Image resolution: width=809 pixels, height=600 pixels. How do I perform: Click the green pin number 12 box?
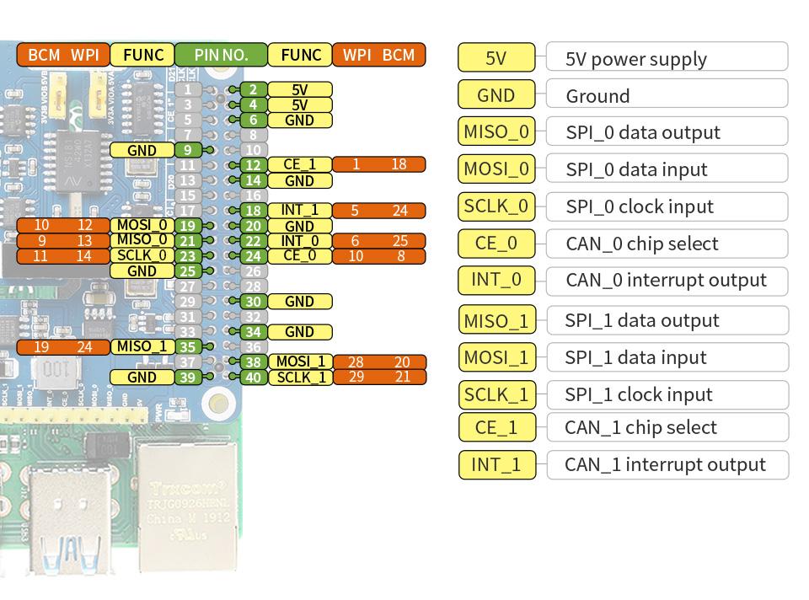(x=253, y=165)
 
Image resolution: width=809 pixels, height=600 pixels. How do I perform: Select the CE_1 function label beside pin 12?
(x=299, y=165)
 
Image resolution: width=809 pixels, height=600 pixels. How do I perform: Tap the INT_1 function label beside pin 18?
(x=299, y=211)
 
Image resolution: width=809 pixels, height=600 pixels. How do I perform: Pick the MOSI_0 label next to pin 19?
(x=142, y=226)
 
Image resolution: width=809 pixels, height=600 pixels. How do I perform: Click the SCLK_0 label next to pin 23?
(x=142, y=256)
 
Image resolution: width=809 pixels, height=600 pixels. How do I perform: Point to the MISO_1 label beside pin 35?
(x=142, y=346)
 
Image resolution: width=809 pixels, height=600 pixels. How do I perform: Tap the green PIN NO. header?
(x=221, y=56)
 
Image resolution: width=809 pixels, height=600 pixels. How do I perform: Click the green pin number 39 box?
(x=187, y=378)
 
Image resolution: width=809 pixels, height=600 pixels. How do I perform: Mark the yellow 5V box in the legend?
(x=496, y=58)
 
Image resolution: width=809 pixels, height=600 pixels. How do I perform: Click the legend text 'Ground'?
(x=597, y=96)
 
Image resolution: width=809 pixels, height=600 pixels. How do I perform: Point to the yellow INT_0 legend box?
(x=497, y=280)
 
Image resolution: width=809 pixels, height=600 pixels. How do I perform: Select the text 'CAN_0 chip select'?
(x=641, y=244)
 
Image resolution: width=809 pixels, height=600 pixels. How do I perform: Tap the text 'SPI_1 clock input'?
(x=639, y=394)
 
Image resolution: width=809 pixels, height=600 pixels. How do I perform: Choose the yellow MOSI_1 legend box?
(x=497, y=357)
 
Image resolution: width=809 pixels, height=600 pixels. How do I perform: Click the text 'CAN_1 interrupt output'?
(x=665, y=464)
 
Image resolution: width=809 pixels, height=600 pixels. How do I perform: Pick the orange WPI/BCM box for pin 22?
(x=378, y=241)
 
